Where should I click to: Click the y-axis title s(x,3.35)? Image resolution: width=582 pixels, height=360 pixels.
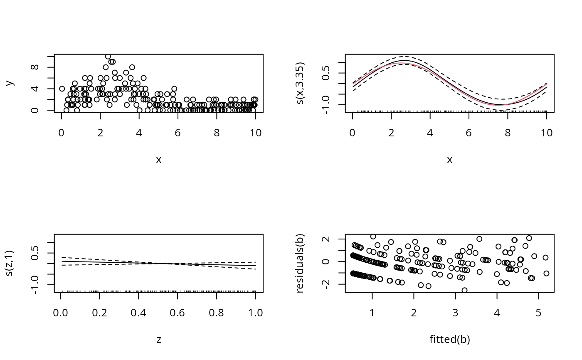(x=300, y=83)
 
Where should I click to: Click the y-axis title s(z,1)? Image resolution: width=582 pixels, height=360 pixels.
(x=9, y=264)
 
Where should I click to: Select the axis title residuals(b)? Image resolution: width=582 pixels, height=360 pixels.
(x=300, y=264)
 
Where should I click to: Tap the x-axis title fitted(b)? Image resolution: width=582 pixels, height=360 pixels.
(x=450, y=339)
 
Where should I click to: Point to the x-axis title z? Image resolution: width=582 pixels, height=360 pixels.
(x=159, y=340)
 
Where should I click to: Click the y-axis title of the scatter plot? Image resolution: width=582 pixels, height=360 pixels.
(x=10, y=83)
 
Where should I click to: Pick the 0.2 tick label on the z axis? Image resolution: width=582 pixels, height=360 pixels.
(x=99, y=313)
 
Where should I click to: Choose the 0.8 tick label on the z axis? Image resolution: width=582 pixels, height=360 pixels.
(x=217, y=313)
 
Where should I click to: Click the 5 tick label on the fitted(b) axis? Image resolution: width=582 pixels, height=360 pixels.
(x=539, y=313)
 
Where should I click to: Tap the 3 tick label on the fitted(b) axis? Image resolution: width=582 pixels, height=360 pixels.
(x=456, y=313)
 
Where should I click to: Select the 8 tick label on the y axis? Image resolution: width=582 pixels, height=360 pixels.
(x=35, y=67)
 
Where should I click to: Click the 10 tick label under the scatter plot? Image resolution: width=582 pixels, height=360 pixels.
(x=256, y=133)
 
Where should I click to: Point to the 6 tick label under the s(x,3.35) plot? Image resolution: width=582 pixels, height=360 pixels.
(x=469, y=133)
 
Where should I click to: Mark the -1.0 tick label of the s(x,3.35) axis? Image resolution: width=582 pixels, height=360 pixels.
(x=326, y=105)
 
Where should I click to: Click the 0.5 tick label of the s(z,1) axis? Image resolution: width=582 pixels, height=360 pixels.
(x=35, y=253)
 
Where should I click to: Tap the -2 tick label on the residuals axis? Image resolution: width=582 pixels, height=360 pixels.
(x=326, y=284)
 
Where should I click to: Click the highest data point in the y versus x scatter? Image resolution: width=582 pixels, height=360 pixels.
(x=108, y=57)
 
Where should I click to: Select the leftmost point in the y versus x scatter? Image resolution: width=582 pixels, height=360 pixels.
(x=62, y=89)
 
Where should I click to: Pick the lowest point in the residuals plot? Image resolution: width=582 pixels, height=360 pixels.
(x=465, y=290)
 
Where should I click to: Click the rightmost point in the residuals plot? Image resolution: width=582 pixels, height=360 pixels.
(x=546, y=273)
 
